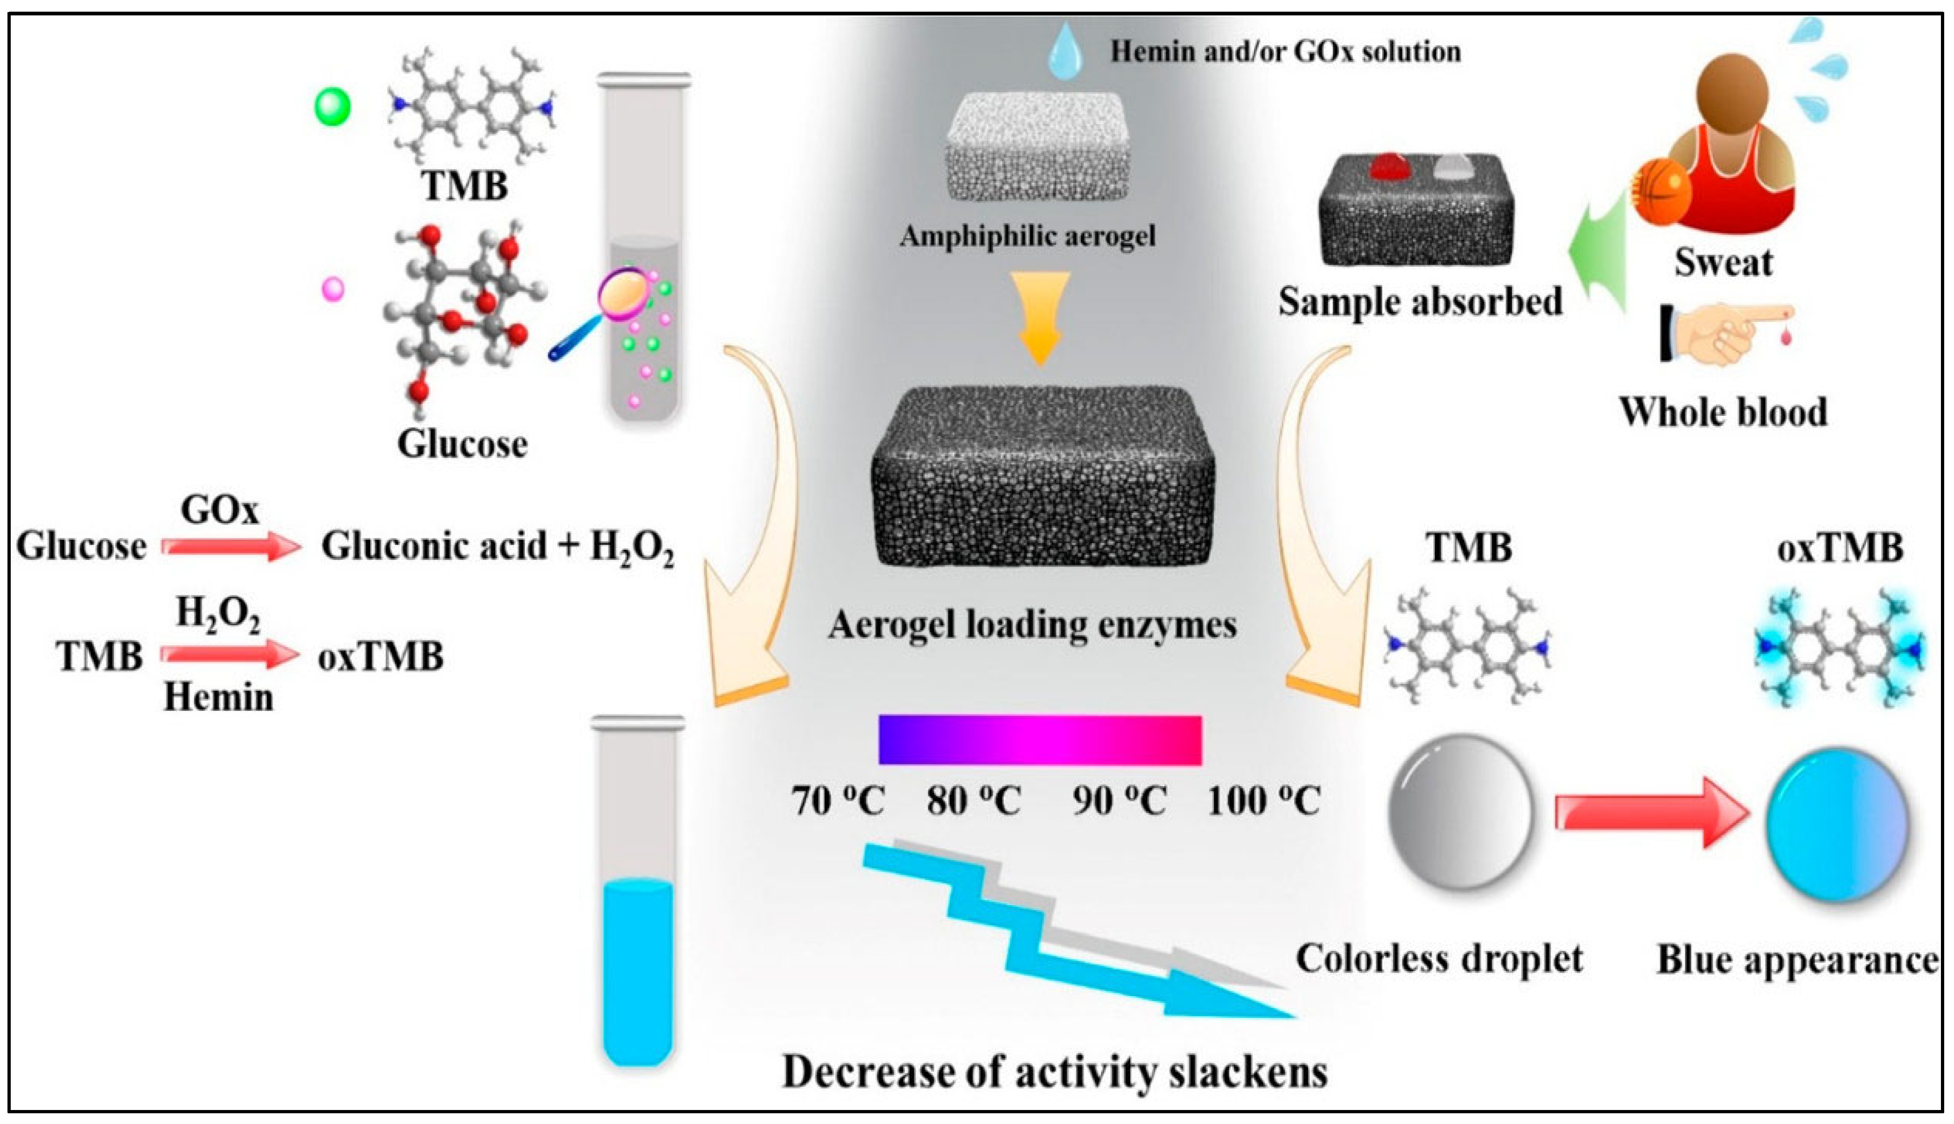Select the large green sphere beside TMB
[333, 106]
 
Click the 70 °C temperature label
[838, 801]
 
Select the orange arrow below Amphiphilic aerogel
[1040, 316]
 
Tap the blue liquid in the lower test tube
[637, 973]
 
